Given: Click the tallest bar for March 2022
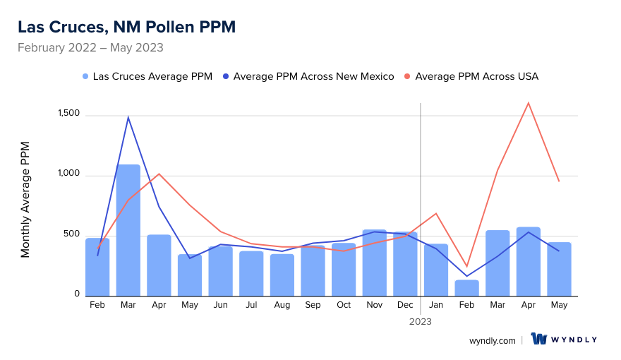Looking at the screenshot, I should point(128,230).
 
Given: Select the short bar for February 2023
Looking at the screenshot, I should point(466,288).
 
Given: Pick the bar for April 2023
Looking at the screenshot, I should point(529,262).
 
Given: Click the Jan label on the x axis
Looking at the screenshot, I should point(436,305).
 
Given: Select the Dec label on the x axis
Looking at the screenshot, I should point(405,305).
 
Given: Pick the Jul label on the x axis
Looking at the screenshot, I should point(251,305).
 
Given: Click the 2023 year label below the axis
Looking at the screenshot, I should point(421,321).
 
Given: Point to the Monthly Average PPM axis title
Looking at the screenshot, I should point(25,199).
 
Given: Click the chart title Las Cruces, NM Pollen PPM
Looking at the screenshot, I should point(126,27).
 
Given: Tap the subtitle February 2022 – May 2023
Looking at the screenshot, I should point(90,48).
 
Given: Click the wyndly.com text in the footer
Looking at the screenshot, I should point(492,340).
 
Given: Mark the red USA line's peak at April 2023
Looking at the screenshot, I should point(529,103).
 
